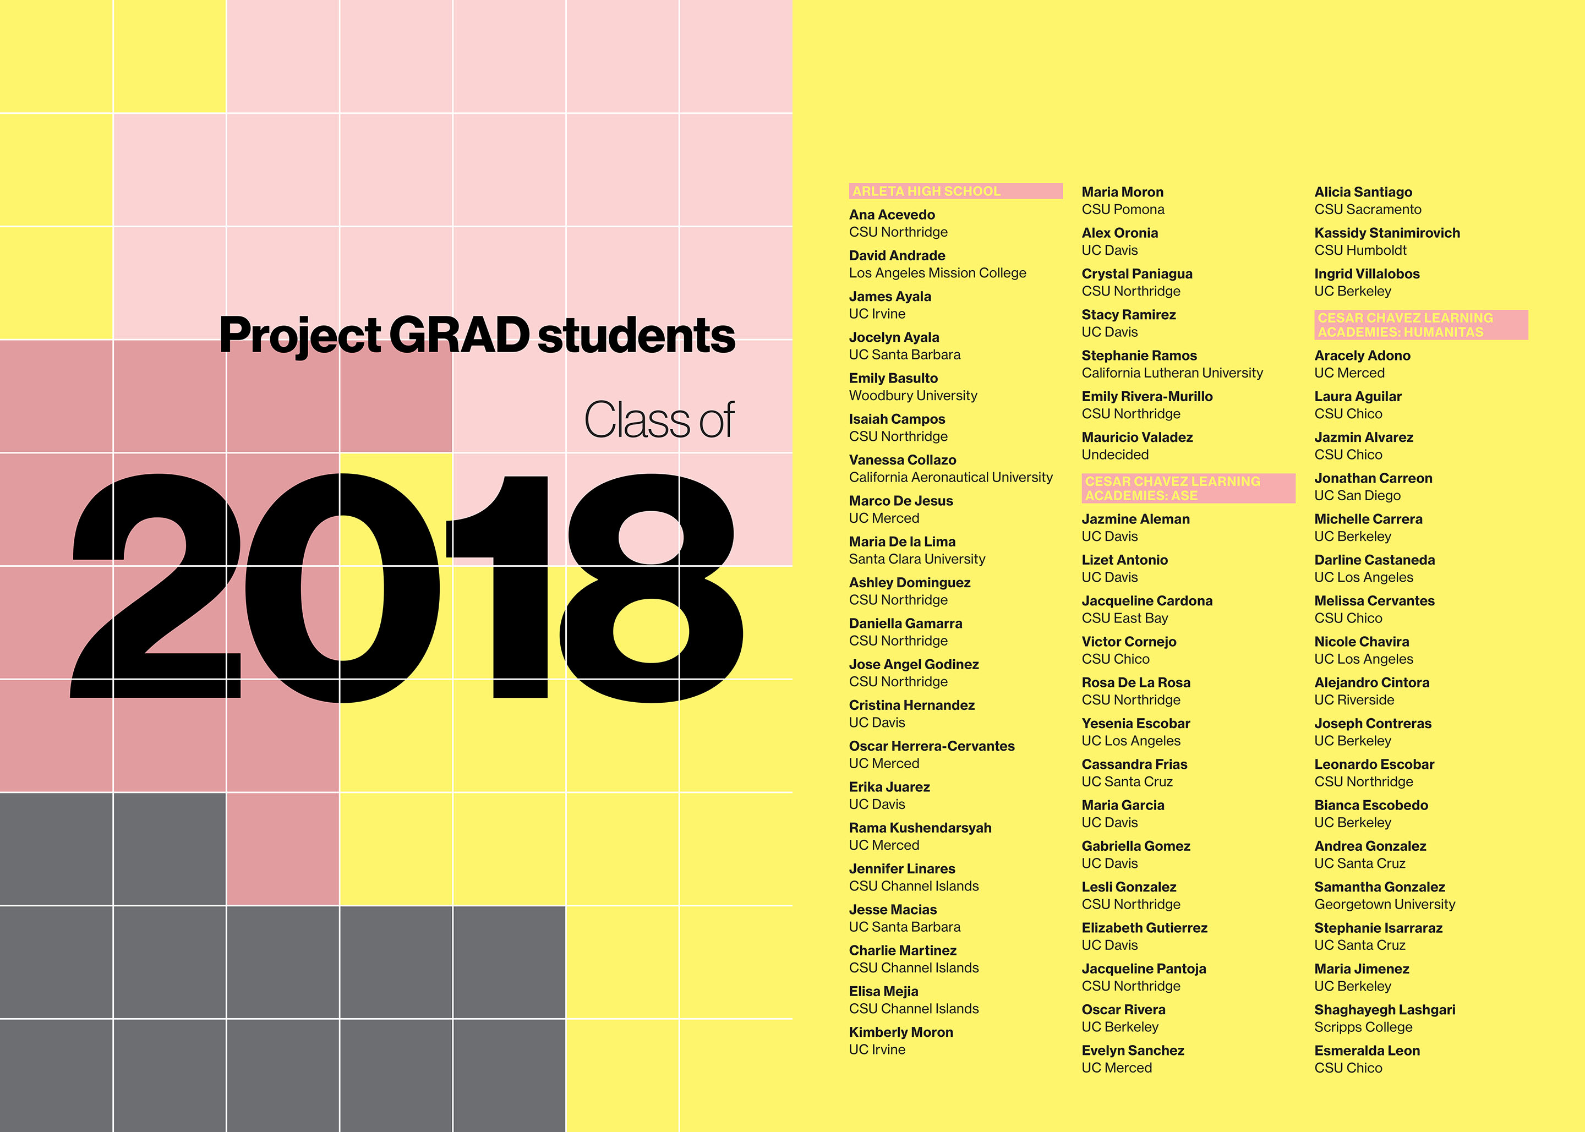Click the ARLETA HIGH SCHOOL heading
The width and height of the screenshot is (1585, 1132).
tap(926, 191)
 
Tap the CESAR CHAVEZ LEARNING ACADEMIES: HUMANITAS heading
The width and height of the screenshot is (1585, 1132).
tap(1405, 325)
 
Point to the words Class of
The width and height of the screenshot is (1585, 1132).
tap(659, 420)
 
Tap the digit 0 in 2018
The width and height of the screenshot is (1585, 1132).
tap(342, 588)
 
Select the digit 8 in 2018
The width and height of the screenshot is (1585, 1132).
tap(651, 588)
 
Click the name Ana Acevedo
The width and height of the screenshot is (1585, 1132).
tap(892, 215)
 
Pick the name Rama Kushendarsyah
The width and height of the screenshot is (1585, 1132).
tap(920, 828)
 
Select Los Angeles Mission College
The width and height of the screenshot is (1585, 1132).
tap(937, 274)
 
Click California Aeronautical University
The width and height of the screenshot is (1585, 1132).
tap(950, 478)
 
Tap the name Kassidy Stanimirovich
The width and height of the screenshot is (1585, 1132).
tap(1387, 233)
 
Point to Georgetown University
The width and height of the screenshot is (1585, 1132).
tap(1385, 905)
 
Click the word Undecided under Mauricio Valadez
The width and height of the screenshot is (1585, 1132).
tap(1115, 455)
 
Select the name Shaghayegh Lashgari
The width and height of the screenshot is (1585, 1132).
tap(1385, 1010)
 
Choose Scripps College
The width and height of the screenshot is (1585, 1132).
tap(1363, 1027)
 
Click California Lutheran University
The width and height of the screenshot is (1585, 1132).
tap(1172, 373)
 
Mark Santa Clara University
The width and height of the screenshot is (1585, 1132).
tap(917, 559)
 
